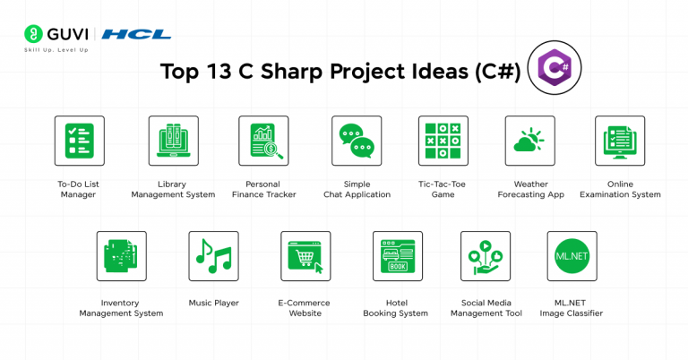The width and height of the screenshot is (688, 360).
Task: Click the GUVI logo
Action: [x=56, y=34]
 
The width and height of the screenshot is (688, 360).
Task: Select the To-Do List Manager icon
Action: [x=79, y=141]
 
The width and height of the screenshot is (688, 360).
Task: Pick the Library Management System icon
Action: [x=173, y=141]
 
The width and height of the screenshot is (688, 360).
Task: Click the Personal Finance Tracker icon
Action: [x=263, y=141]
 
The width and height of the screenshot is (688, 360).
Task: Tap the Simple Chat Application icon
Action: [x=357, y=141]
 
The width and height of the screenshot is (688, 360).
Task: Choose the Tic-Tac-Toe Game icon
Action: [x=443, y=141]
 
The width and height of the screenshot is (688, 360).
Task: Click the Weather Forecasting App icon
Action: [x=529, y=141]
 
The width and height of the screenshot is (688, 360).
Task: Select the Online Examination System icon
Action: [x=620, y=141]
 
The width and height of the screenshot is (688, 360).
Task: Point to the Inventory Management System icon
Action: [x=121, y=256]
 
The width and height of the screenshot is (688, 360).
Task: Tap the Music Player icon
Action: [x=213, y=256]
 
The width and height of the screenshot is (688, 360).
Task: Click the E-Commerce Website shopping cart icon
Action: [x=305, y=256]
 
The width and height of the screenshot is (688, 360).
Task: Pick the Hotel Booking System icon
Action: [x=397, y=256]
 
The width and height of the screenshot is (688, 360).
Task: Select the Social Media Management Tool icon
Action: [x=485, y=256]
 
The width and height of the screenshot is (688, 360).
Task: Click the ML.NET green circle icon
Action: [x=572, y=256]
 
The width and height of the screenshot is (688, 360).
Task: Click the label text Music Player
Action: [x=213, y=303]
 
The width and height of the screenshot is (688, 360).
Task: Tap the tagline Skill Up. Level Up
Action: [x=56, y=49]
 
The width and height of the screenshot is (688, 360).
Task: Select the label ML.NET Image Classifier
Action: [x=572, y=308]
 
